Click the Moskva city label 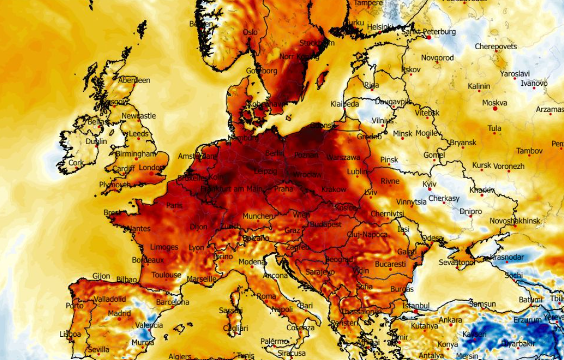pos(494,103)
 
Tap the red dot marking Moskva pos(495,109)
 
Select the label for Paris pos(174,205)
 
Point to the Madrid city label pos(119,313)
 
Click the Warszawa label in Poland pos(343,158)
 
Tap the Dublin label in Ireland pos(96,141)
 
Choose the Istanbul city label pos(416,305)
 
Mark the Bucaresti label pos(390,264)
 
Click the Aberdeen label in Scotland pos(134,80)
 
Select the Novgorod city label pos(437,58)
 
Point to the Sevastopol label pos(457,262)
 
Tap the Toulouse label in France pos(166,275)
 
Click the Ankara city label pos(450,320)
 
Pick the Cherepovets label pos(496,46)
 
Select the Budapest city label pos(325,225)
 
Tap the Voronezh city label pos(508,166)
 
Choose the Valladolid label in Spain pos(110,299)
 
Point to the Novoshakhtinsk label pos(515,221)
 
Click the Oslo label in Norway pos(250,32)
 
